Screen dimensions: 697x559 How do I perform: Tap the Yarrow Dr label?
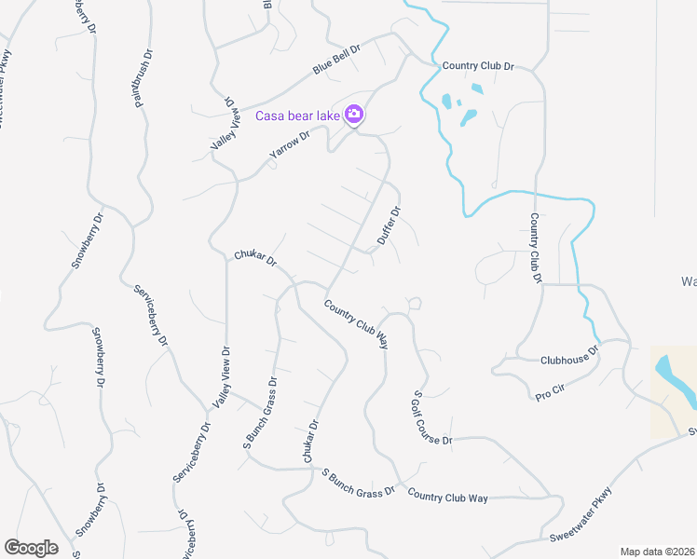point(288,150)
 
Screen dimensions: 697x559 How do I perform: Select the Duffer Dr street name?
point(389,226)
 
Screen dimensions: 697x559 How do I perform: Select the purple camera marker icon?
point(354,115)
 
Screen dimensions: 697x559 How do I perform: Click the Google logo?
point(31,548)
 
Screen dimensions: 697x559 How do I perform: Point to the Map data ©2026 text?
point(657,552)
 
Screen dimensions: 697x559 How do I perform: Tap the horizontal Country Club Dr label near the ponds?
point(478,66)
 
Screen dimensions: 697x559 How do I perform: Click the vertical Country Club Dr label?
point(536,247)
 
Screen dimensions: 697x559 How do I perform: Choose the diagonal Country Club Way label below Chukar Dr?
point(356,324)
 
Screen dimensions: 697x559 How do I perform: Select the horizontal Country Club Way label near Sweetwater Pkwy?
point(448,498)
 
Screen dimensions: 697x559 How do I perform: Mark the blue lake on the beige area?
point(676,382)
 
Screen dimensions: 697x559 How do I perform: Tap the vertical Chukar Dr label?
point(309,441)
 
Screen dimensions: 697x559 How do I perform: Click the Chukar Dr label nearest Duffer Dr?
point(255,257)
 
